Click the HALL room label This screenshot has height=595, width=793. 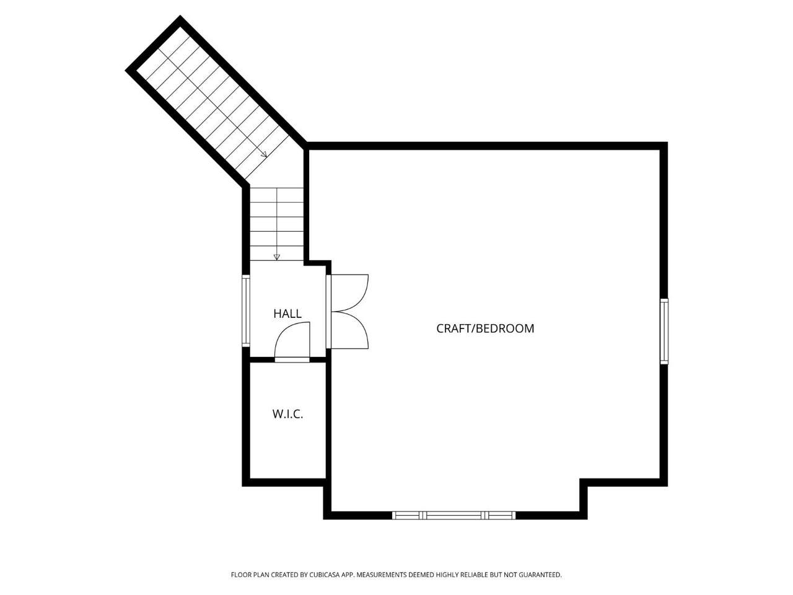[287, 313]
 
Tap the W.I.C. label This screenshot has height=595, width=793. [287, 414]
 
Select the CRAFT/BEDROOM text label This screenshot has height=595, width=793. [485, 328]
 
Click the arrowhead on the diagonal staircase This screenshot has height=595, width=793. [264, 154]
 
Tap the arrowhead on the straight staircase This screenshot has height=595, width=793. [277, 257]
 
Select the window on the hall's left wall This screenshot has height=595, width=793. [246, 311]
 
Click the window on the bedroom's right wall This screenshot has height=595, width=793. [664, 331]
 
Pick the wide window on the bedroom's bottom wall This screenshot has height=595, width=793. [453, 515]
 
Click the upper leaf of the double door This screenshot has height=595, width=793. [349, 293]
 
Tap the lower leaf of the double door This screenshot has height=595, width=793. [349, 330]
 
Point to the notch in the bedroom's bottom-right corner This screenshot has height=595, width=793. [584, 483]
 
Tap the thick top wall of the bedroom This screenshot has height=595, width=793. [486, 146]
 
